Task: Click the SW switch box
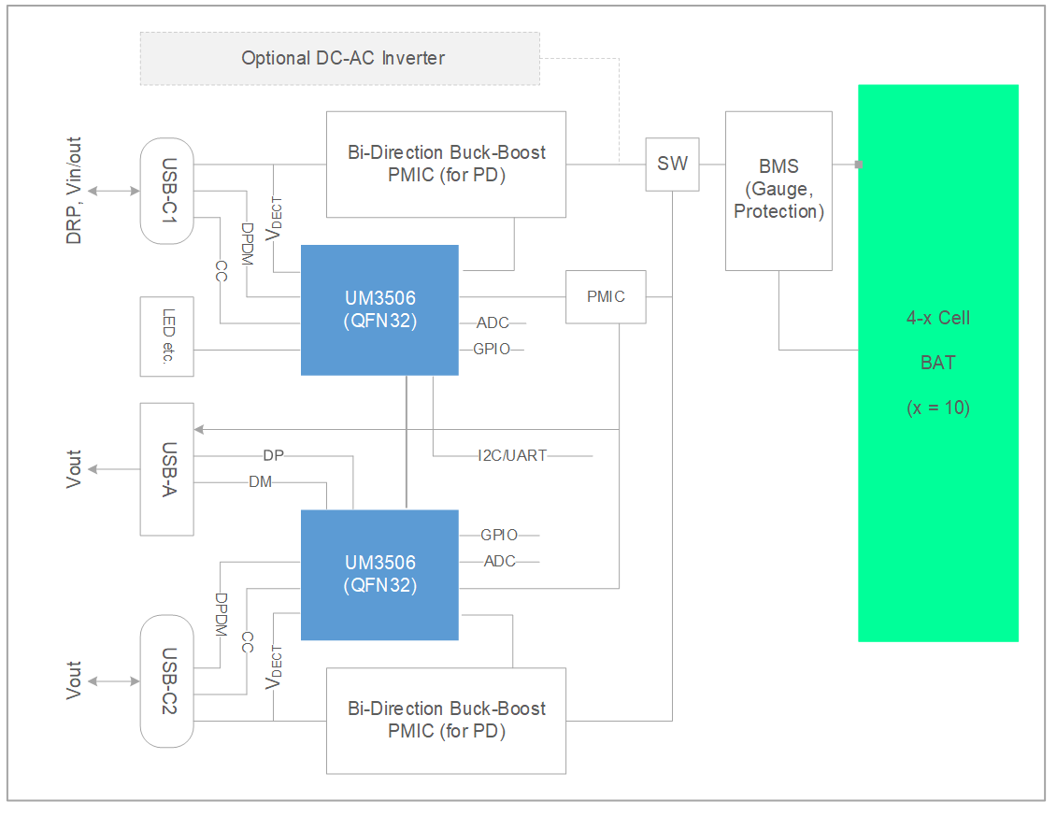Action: click(x=672, y=165)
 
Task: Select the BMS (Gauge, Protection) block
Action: click(x=778, y=191)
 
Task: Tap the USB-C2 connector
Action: click(x=167, y=680)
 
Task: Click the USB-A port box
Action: click(x=167, y=468)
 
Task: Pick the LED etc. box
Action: click(x=167, y=336)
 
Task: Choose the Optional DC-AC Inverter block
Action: click(x=340, y=58)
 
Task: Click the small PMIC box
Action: click(x=606, y=296)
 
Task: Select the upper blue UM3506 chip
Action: click(x=379, y=309)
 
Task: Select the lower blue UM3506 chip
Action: click(x=379, y=574)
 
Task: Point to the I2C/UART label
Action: click(x=511, y=456)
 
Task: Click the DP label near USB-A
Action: click(x=274, y=456)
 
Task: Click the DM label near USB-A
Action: click(x=261, y=482)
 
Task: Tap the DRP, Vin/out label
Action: click(x=74, y=191)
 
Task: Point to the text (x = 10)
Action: click(x=937, y=408)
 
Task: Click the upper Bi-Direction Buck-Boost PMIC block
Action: click(x=446, y=164)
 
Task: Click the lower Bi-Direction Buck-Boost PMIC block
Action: click(x=446, y=720)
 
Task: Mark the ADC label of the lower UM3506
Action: click(x=500, y=562)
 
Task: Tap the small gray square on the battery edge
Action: click(x=859, y=165)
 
